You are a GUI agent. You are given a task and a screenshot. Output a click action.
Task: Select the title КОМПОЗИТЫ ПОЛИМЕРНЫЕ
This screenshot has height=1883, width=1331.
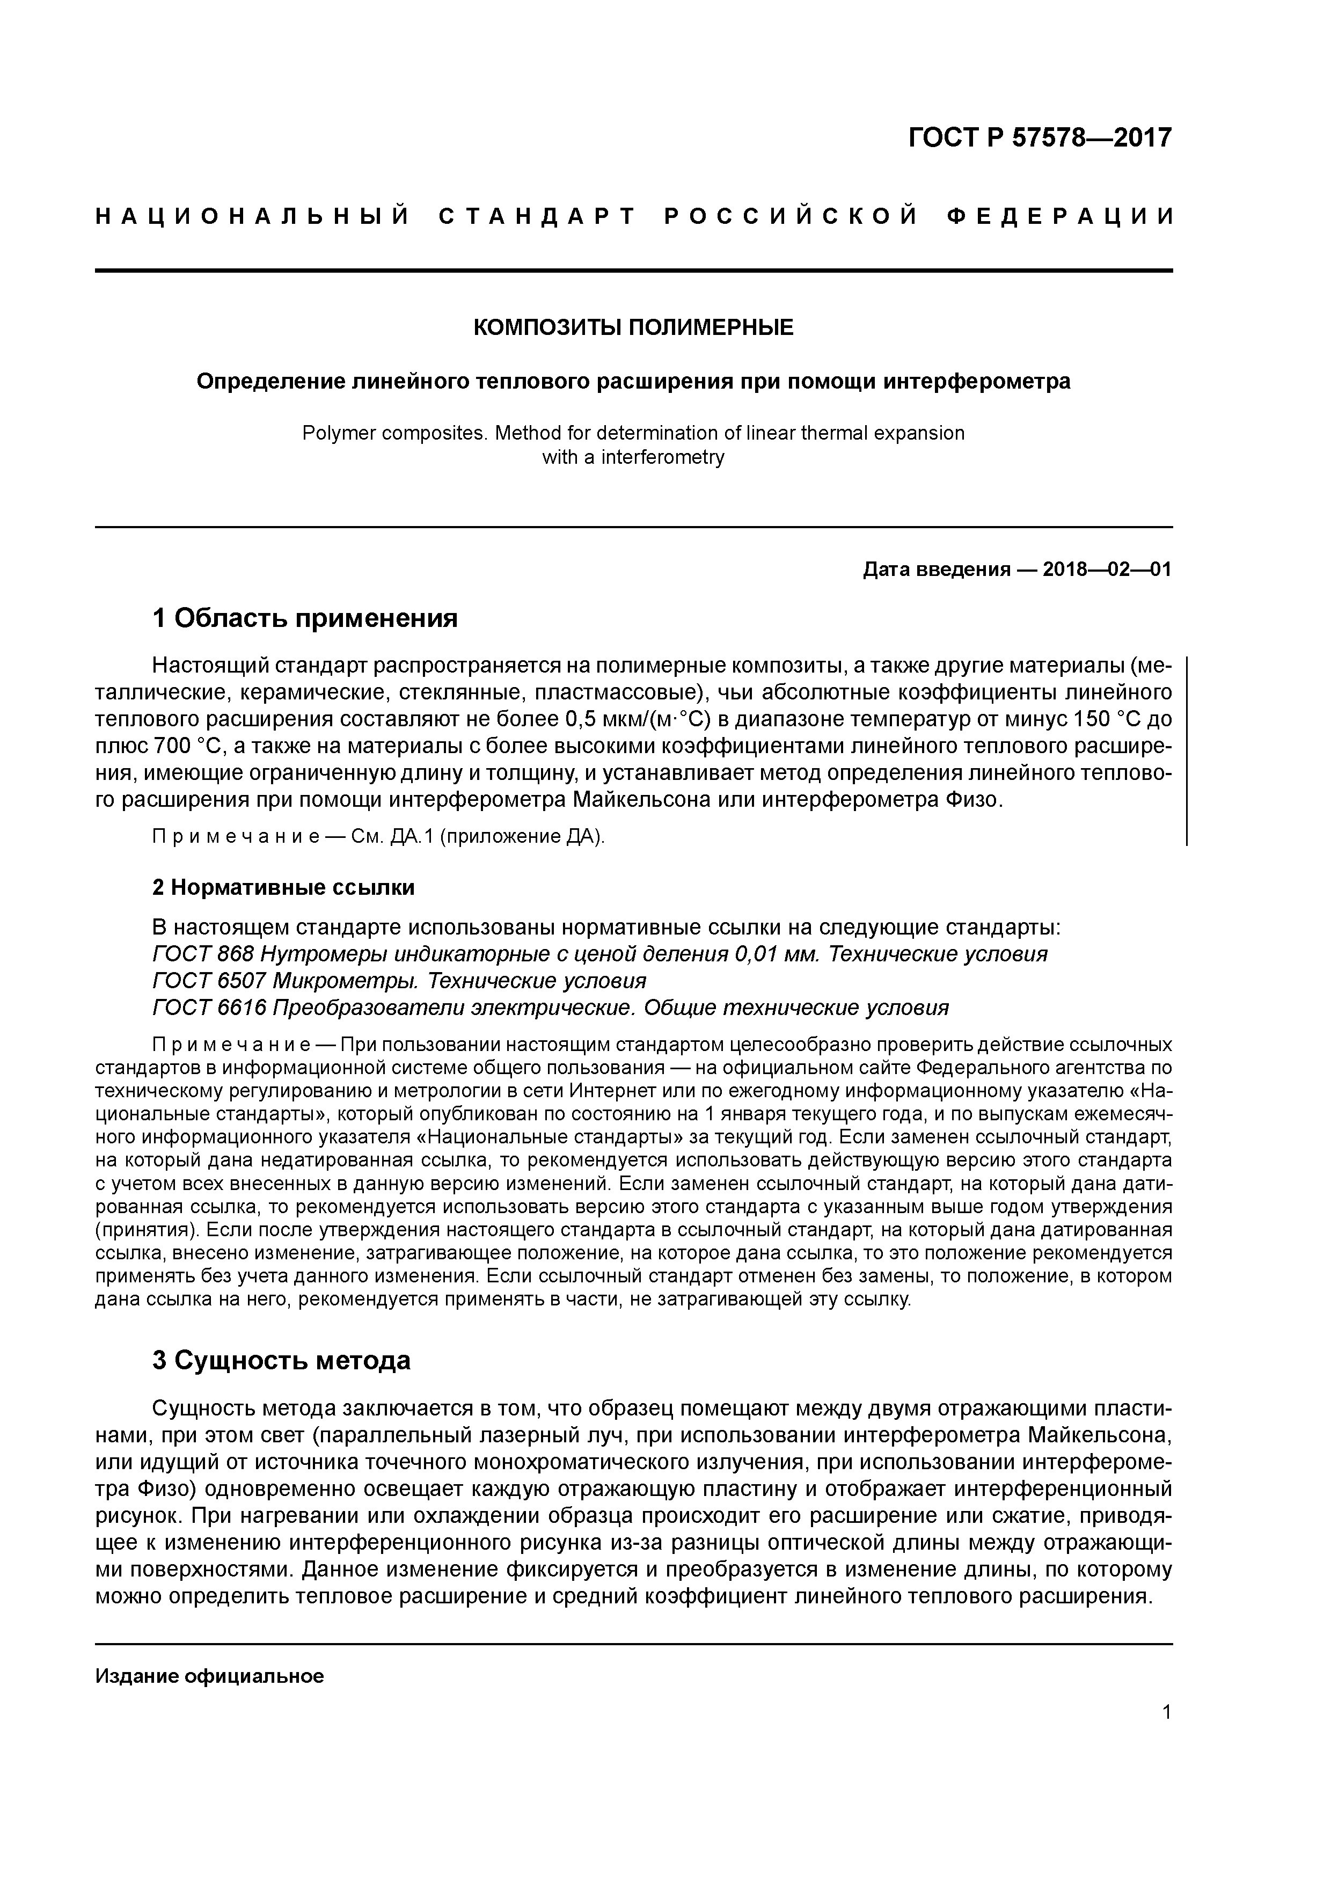click(633, 328)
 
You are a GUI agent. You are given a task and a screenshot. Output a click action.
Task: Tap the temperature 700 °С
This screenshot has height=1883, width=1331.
click(188, 746)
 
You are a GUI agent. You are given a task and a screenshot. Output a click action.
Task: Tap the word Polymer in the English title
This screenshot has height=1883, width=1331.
click(334, 433)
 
